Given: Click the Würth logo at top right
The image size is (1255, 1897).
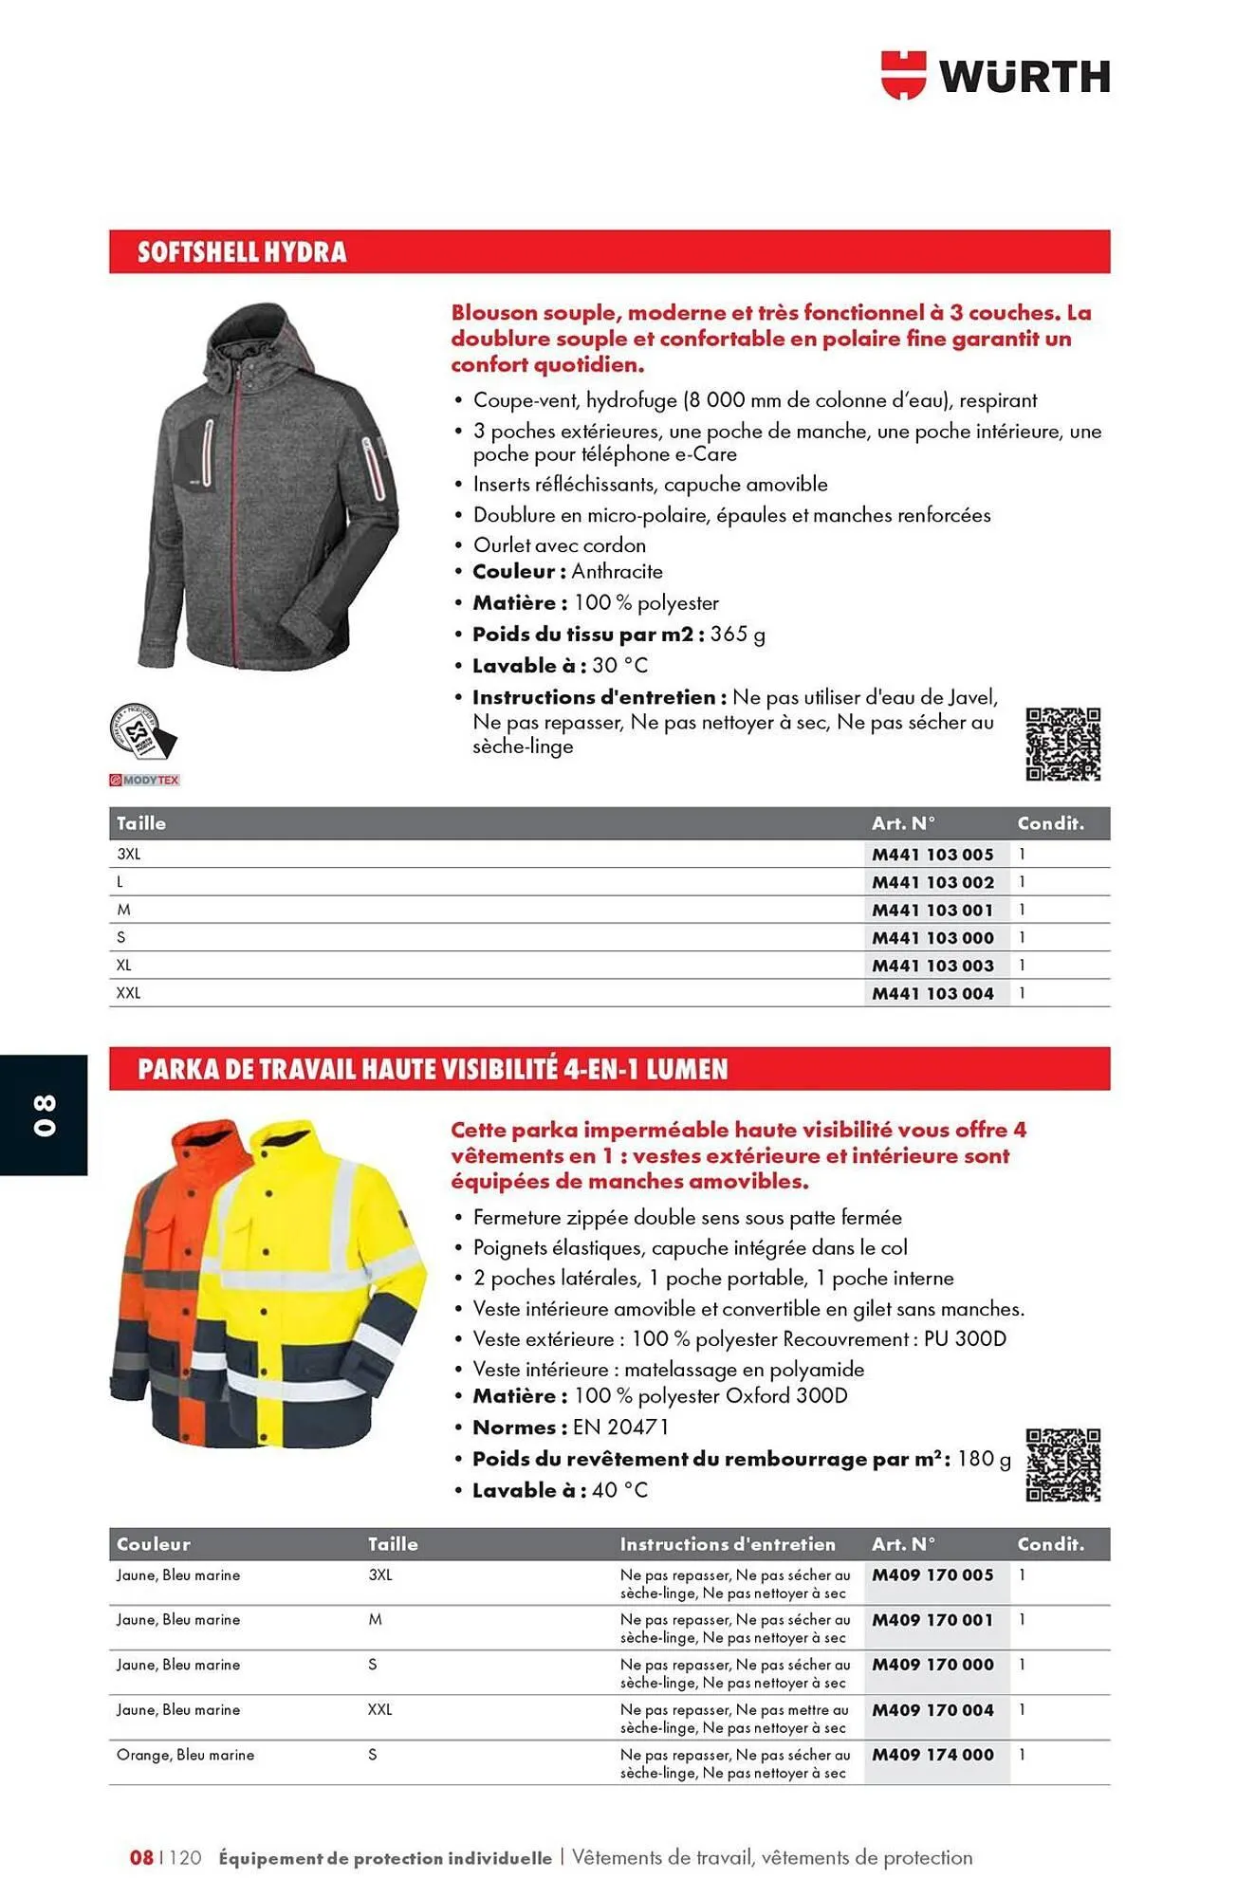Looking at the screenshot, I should [995, 75].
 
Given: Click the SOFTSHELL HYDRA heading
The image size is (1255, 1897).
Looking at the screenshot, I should [242, 252].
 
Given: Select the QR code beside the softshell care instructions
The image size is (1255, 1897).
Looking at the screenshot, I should [1062, 745].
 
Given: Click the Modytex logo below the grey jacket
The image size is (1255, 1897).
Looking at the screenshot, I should [144, 780].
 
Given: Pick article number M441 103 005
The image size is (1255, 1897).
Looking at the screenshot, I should [932, 854].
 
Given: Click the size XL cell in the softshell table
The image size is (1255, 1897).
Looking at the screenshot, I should [124, 965].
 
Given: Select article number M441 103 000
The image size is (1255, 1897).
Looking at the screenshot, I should [932, 937].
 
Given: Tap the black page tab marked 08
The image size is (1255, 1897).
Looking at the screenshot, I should [45, 1114].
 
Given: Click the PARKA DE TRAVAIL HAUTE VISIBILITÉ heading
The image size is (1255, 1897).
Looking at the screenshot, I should [433, 1069].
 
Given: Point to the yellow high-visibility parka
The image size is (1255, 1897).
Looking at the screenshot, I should [313, 1290].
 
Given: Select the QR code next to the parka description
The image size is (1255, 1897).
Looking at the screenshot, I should [1062, 1464].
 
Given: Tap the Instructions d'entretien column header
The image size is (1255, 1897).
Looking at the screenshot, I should [728, 1544].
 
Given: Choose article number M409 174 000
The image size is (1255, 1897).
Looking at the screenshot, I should [932, 1755].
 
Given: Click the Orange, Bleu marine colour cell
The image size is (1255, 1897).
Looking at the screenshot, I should [185, 1755].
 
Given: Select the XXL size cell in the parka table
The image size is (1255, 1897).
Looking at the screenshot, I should [379, 1709].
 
